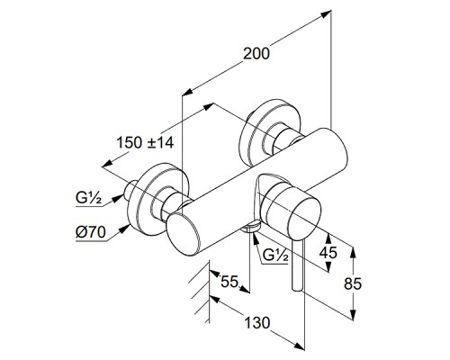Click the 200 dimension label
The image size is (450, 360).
pos(256,54)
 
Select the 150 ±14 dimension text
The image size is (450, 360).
pos(145,142)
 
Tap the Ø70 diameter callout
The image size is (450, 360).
pos(91,232)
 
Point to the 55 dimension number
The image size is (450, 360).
pos(229,282)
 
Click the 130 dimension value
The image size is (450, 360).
pos(257,323)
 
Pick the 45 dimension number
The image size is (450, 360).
pos(328,253)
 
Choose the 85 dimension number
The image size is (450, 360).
pos(353,283)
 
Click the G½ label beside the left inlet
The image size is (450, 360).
pos(88,198)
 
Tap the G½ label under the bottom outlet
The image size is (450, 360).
pos(275,256)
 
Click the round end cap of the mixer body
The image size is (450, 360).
pos(183,233)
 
